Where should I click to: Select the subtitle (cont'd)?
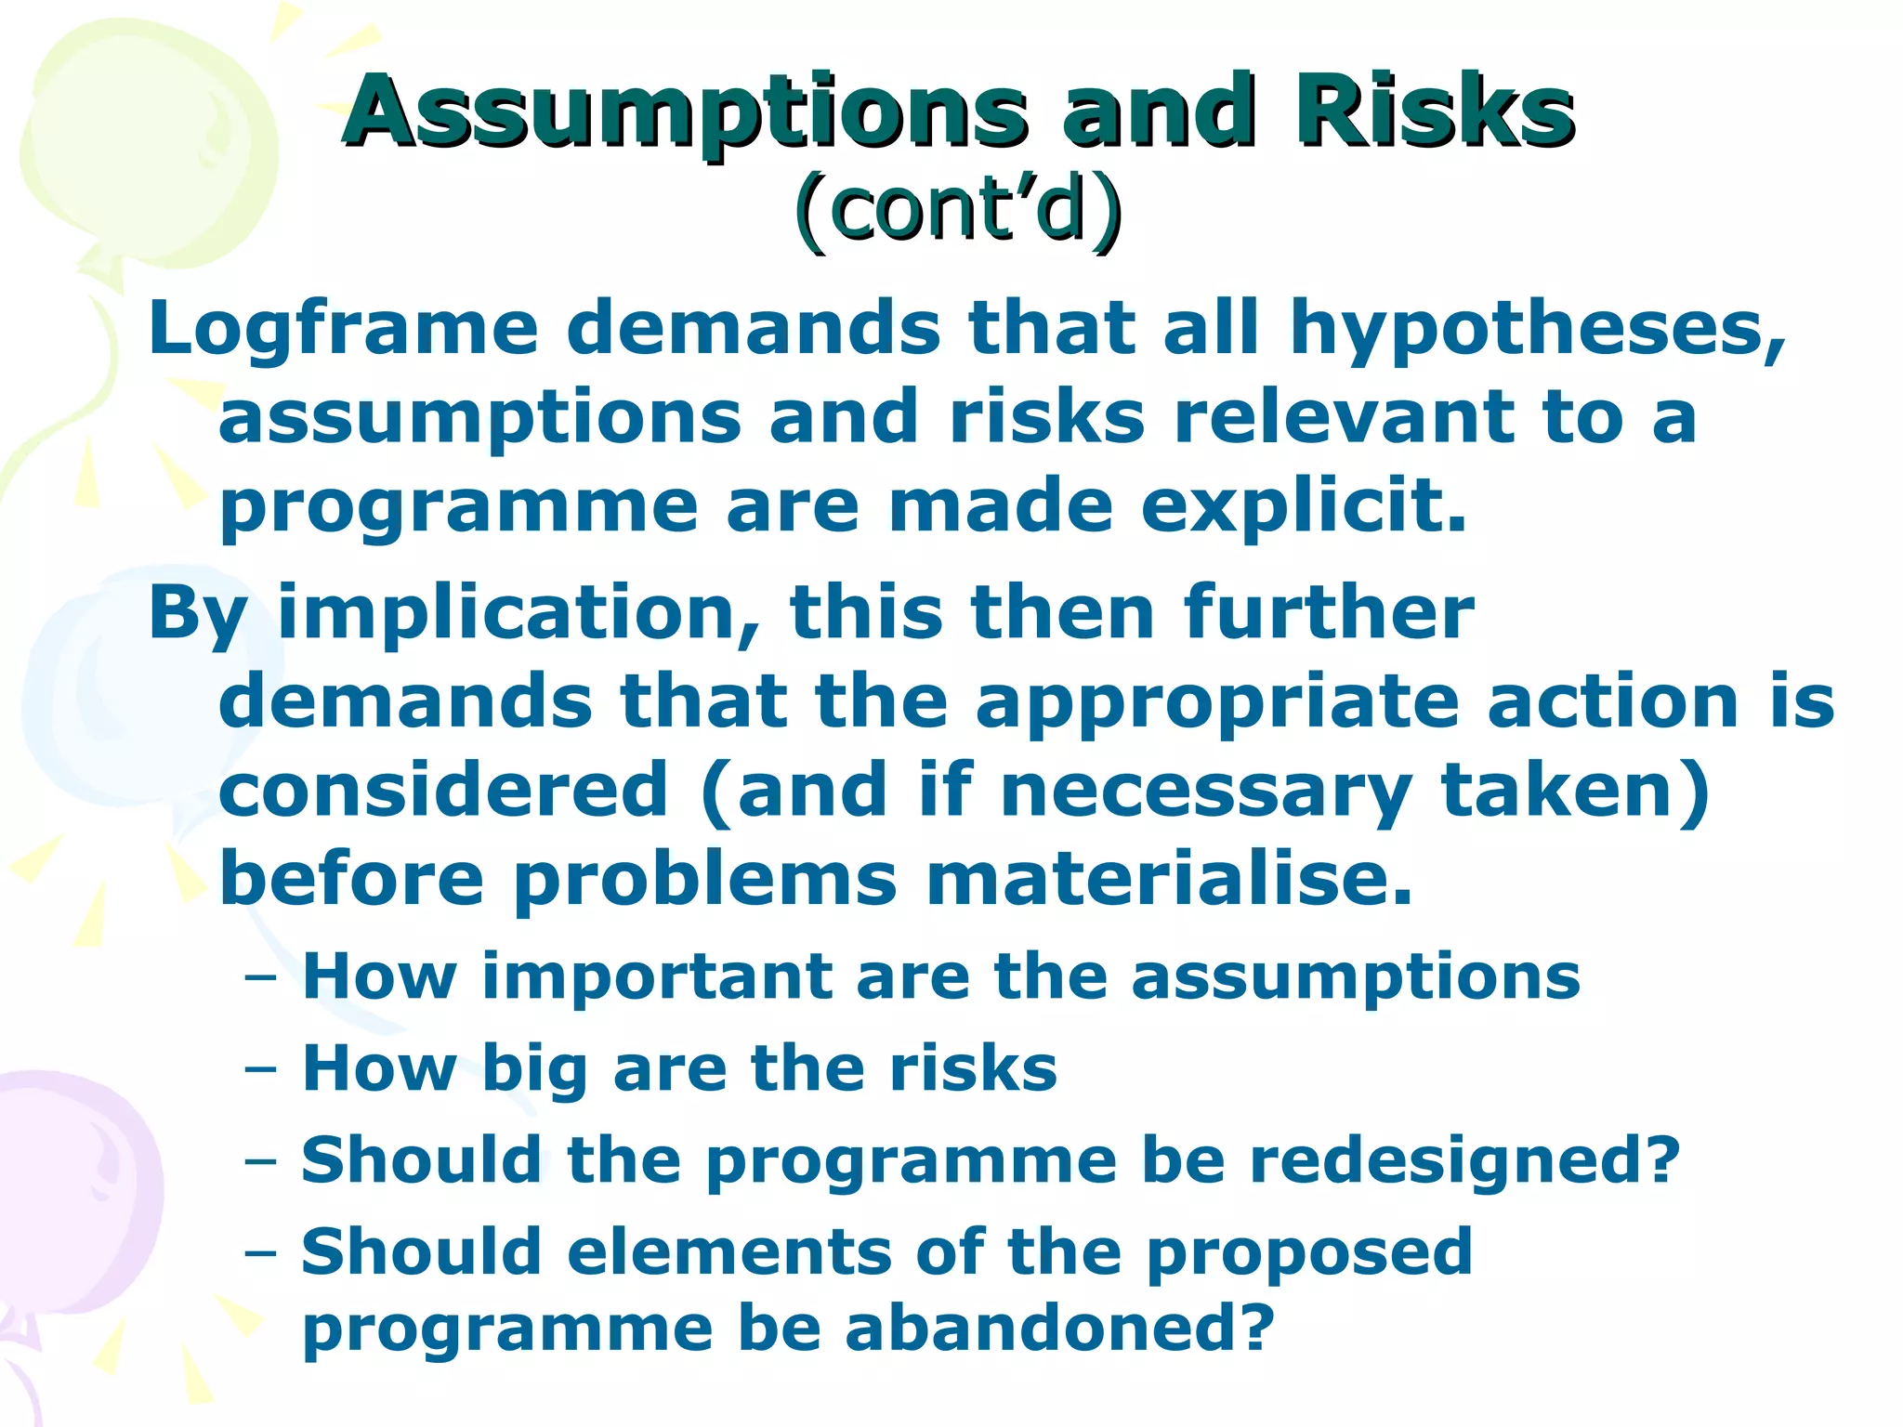tap(957, 209)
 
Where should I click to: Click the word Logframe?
tap(344, 330)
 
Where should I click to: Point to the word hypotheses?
tap(1538, 330)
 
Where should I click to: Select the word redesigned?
tap(1464, 1161)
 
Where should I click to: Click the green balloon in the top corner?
tap(139, 139)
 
